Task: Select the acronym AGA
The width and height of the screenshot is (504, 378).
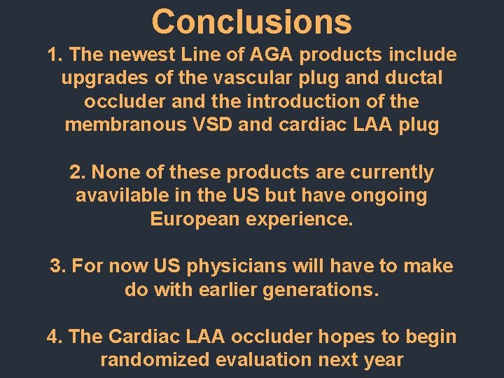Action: click(x=266, y=55)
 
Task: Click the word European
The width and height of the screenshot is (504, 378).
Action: click(x=195, y=219)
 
